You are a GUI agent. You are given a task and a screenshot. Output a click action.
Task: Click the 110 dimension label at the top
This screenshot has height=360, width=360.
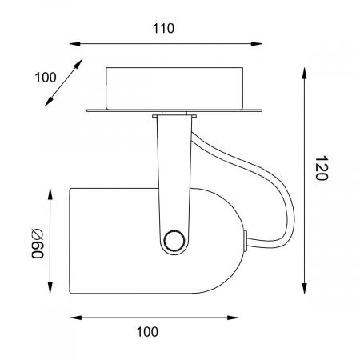[163, 28]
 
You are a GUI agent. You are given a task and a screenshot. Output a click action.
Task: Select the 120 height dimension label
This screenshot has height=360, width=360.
[321, 168]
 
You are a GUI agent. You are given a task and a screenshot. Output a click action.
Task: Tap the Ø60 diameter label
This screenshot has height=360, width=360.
[38, 243]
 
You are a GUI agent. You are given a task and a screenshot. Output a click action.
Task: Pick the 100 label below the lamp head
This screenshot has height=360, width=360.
[147, 332]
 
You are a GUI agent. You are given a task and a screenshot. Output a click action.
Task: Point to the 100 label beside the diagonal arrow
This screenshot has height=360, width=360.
[46, 78]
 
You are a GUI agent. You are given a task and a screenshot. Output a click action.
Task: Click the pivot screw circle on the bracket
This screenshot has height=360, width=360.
[174, 240]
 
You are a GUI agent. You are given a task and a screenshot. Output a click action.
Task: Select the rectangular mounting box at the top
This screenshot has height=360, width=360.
[174, 89]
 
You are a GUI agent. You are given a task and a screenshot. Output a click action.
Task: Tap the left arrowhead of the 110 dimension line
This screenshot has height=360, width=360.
[75, 43]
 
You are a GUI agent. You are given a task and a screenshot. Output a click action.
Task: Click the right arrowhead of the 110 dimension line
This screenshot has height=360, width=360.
[257, 43]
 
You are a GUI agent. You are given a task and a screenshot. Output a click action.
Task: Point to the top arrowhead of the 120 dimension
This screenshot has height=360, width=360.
[304, 74]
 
